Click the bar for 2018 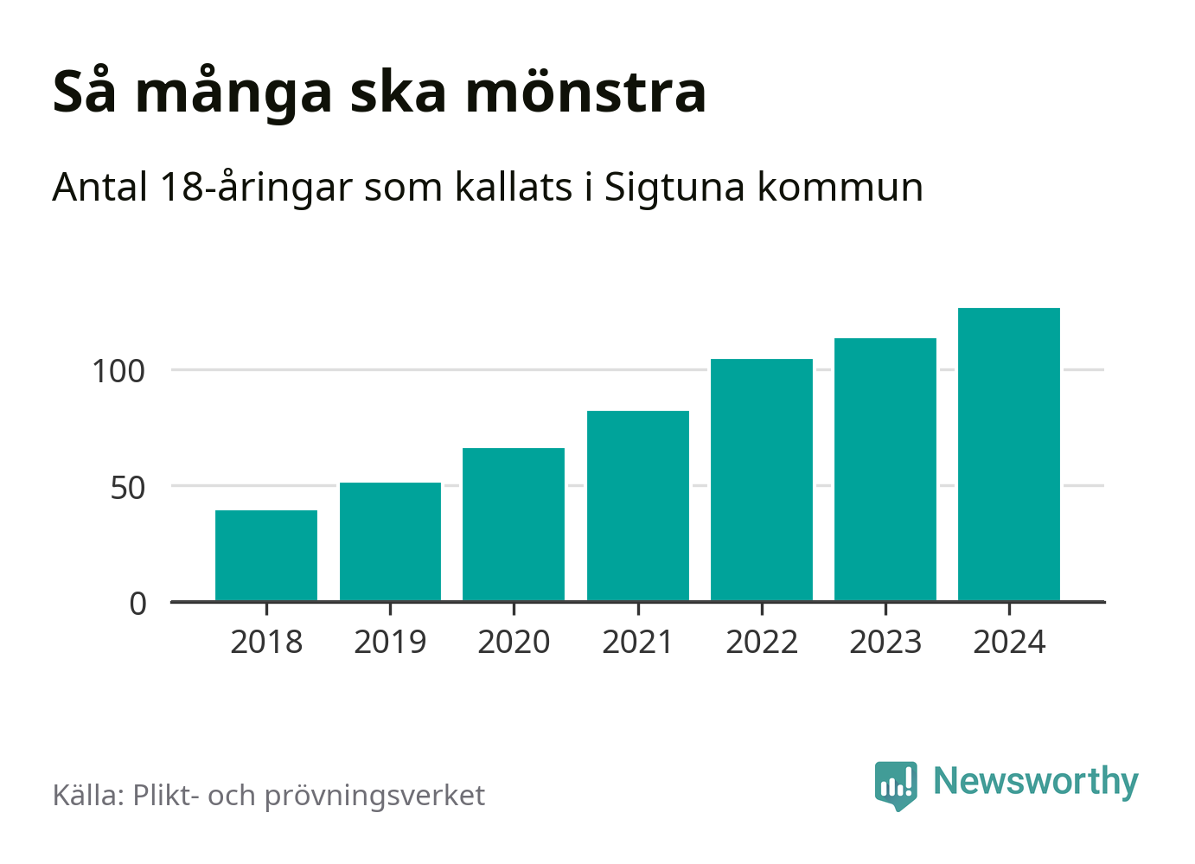point(266,555)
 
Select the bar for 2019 point(390,541)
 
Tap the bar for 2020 point(514,524)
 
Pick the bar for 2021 point(638,506)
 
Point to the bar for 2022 point(762,480)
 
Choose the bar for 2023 point(885,470)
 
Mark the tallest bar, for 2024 point(1009,454)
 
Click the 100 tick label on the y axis point(118,371)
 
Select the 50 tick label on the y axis point(128,488)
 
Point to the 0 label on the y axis point(138,604)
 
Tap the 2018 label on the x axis point(266,643)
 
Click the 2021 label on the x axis point(637,643)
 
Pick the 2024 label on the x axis point(1009,643)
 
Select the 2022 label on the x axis point(762,643)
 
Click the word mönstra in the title point(586,92)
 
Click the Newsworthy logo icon point(896,784)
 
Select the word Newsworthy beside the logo point(1035,782)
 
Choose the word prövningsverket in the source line point(374,796)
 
